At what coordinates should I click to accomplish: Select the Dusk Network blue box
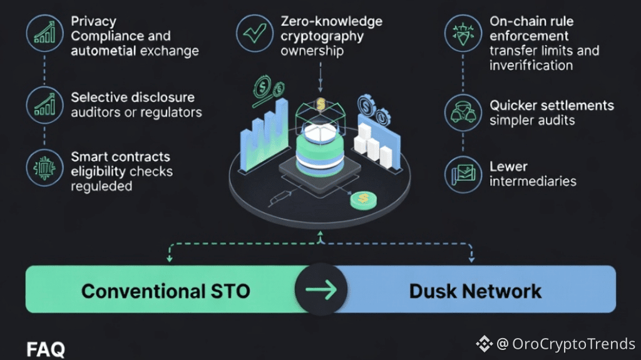pos(476,289)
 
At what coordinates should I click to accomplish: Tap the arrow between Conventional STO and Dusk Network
pos(321,289)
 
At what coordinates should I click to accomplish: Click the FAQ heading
pos(46,349)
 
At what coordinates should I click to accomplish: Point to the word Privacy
pos(93,21)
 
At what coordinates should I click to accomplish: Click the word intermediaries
pos(532,182)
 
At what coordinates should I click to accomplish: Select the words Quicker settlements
pos(551,105)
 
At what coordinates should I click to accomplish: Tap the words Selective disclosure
pos(133,98)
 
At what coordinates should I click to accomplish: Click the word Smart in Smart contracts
pos(90,156)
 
